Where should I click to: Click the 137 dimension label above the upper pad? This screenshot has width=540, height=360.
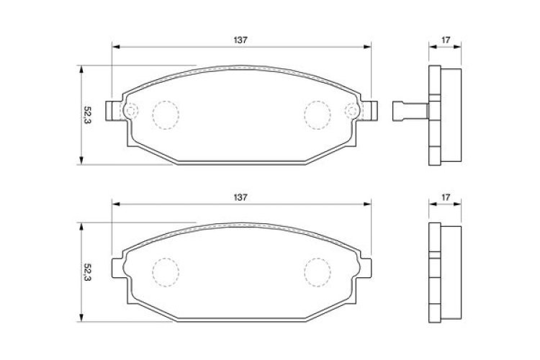point(240,40)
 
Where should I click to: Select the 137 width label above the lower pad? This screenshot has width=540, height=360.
point(240,197)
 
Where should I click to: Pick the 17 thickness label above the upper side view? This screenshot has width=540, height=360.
point(446,40)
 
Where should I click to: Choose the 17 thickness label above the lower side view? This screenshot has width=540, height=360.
point(446,197)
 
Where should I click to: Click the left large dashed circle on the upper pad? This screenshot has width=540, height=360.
point(166,114)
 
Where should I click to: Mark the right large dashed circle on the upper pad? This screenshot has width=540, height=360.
point(317,114)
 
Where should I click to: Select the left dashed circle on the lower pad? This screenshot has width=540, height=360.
point(166,270)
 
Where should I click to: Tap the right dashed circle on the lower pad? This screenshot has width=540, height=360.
point(317,270)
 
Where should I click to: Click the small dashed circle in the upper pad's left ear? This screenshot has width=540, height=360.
point(130,111)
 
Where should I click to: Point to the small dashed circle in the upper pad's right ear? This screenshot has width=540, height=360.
point(352,111)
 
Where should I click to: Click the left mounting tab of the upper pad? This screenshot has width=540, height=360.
point(112,111)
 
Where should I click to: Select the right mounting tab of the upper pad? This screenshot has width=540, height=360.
point(371,111)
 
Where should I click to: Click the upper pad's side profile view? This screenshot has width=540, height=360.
point(444,115)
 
